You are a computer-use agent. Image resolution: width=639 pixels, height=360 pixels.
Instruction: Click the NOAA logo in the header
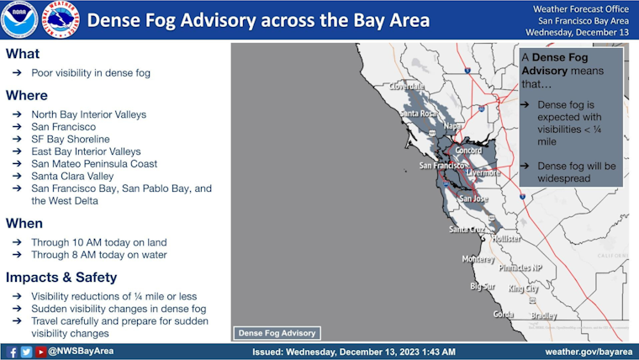tap(19, 20)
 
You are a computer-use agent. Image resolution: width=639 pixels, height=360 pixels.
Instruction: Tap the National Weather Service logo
tap(57, 20)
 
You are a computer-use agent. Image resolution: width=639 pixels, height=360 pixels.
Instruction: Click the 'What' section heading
tap(22, 54)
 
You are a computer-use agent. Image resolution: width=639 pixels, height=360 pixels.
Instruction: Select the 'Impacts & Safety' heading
tap(61, 278)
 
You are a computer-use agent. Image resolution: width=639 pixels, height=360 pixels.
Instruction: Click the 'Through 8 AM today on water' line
tap(98, 254)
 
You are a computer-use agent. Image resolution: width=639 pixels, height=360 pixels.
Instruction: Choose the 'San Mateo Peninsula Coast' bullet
tap(93, 164)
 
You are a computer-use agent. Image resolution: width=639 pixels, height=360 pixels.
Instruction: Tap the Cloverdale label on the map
tap(407, 87)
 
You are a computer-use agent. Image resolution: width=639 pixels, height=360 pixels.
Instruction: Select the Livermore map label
tap(483, 172)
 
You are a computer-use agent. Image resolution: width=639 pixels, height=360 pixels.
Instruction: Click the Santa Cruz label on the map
tap(467, 230)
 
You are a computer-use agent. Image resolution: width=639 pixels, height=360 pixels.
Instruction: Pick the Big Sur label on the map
tap(483, 287)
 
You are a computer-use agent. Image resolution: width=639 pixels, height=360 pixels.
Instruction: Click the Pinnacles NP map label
tap(520, 268)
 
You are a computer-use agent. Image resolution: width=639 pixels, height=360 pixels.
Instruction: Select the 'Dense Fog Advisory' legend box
tap(276, 332)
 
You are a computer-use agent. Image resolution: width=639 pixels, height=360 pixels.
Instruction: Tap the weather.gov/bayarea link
tap(588, 352)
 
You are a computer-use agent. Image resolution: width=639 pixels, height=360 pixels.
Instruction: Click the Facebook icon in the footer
tap(13, 352)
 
